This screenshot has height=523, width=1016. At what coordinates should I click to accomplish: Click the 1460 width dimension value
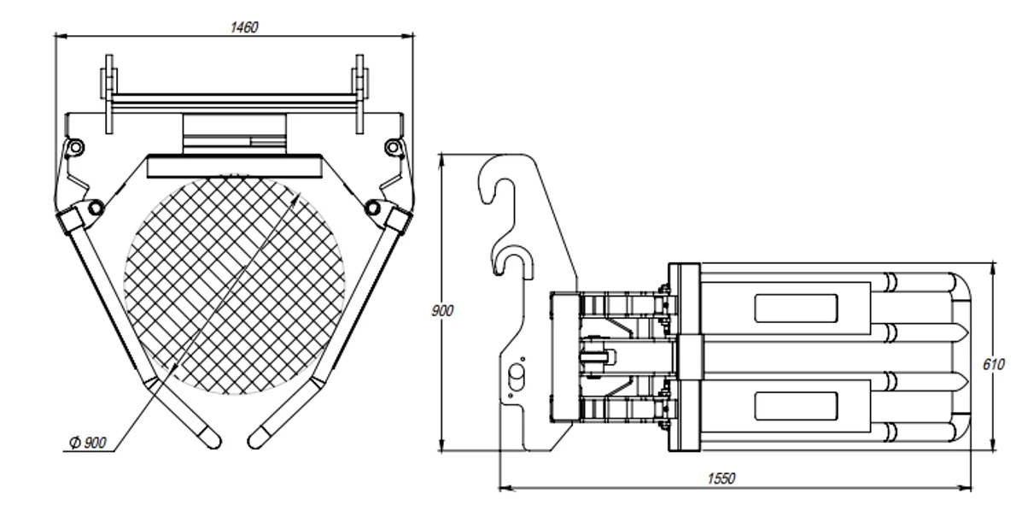[x=244, y=26]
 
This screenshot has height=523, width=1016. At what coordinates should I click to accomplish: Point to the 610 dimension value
[x=993, y=364]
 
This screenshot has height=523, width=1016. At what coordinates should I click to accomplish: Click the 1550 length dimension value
[x=723, y=478]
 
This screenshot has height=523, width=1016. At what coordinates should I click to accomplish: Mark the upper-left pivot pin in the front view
[x=75, y=147]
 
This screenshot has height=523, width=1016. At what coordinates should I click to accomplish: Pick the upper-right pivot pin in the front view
[x=392, y=147]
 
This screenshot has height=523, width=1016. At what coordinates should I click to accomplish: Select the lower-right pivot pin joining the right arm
[x=373, y=206]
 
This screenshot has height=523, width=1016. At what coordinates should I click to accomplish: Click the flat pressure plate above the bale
[x=234, y=164]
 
